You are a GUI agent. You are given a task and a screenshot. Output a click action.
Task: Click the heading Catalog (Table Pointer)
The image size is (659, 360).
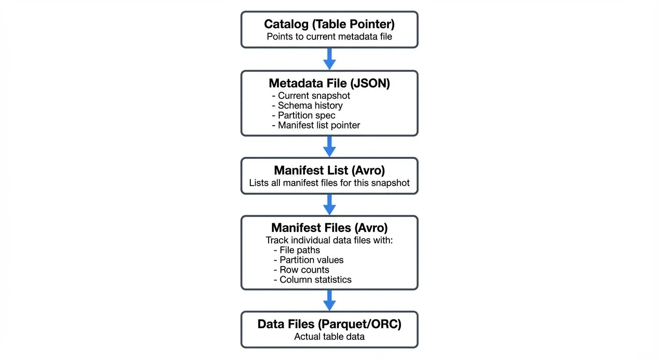coord(329,24)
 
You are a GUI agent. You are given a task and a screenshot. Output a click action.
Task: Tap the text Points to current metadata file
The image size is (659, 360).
coord(329,37)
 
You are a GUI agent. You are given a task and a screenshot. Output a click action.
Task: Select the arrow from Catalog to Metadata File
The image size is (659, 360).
coord(329,59)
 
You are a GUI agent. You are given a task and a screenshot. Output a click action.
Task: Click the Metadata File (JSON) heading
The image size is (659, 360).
coord(329,83)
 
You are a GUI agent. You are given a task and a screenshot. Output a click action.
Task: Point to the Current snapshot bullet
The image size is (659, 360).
coord(311,96)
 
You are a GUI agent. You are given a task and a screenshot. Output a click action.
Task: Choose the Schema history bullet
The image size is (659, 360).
coord(308,105)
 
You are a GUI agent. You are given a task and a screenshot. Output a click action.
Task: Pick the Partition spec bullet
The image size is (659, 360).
coord(304,115)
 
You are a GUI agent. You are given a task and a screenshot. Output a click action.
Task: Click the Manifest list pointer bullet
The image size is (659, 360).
coord(316,125)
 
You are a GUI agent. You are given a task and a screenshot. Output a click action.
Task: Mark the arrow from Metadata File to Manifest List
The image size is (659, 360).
coord(329,146)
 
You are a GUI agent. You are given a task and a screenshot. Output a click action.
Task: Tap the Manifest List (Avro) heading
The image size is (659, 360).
coord(329,170)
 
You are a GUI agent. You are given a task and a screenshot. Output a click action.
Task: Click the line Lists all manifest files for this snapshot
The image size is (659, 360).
coord(329,183)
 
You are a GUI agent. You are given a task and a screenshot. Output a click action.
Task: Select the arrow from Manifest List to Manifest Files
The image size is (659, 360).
coord(329,204)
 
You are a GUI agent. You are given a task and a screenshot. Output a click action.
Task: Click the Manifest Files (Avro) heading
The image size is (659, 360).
coord(329,228)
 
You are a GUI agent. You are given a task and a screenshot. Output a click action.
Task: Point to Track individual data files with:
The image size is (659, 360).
coord(329,240)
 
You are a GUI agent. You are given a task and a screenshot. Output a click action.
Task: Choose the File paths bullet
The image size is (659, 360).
coord(297,250)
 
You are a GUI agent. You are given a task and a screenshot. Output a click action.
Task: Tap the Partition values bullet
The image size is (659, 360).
coord(308,260)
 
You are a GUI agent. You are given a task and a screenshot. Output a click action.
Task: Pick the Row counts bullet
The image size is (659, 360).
coord(301,270)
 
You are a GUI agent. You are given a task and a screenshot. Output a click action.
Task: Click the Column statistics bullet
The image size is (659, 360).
coord(312,280)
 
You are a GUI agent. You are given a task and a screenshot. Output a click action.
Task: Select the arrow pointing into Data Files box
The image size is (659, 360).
coord(329,300)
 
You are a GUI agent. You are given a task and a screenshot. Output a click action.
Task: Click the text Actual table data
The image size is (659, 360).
coord(329,337)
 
